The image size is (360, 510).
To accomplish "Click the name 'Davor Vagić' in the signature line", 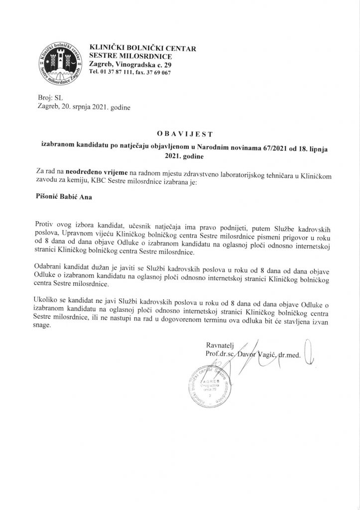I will (x=254, y=355).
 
